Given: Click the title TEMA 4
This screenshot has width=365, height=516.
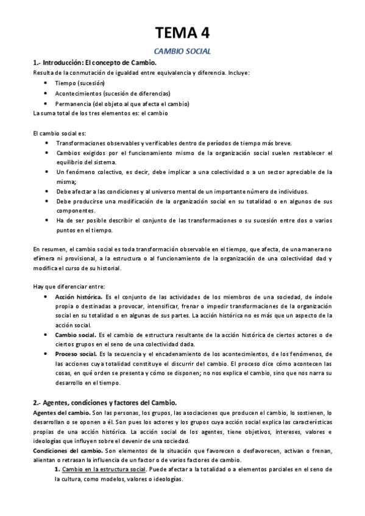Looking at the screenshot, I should [x=182, y=32].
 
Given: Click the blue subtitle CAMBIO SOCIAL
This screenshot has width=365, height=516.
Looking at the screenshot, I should [x=182, y=52].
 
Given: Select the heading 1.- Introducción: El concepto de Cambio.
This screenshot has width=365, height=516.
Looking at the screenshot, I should [x=94, y=63].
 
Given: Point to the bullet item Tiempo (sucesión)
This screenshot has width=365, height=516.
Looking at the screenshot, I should [x=80, y=83].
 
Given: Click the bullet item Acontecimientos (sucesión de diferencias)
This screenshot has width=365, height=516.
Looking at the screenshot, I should [x=113, y=93].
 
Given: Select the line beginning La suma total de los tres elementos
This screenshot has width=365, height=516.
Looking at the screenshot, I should [x=101, y=113].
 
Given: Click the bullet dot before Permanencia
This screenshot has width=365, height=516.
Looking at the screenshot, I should [x=48, y=103].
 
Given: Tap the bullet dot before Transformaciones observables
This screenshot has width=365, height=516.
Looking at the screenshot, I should [x=48, y=143].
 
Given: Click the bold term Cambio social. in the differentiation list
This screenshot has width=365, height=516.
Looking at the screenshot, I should [x=75, y=335].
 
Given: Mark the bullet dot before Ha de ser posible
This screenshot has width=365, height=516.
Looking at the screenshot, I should [x=48, y=220].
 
